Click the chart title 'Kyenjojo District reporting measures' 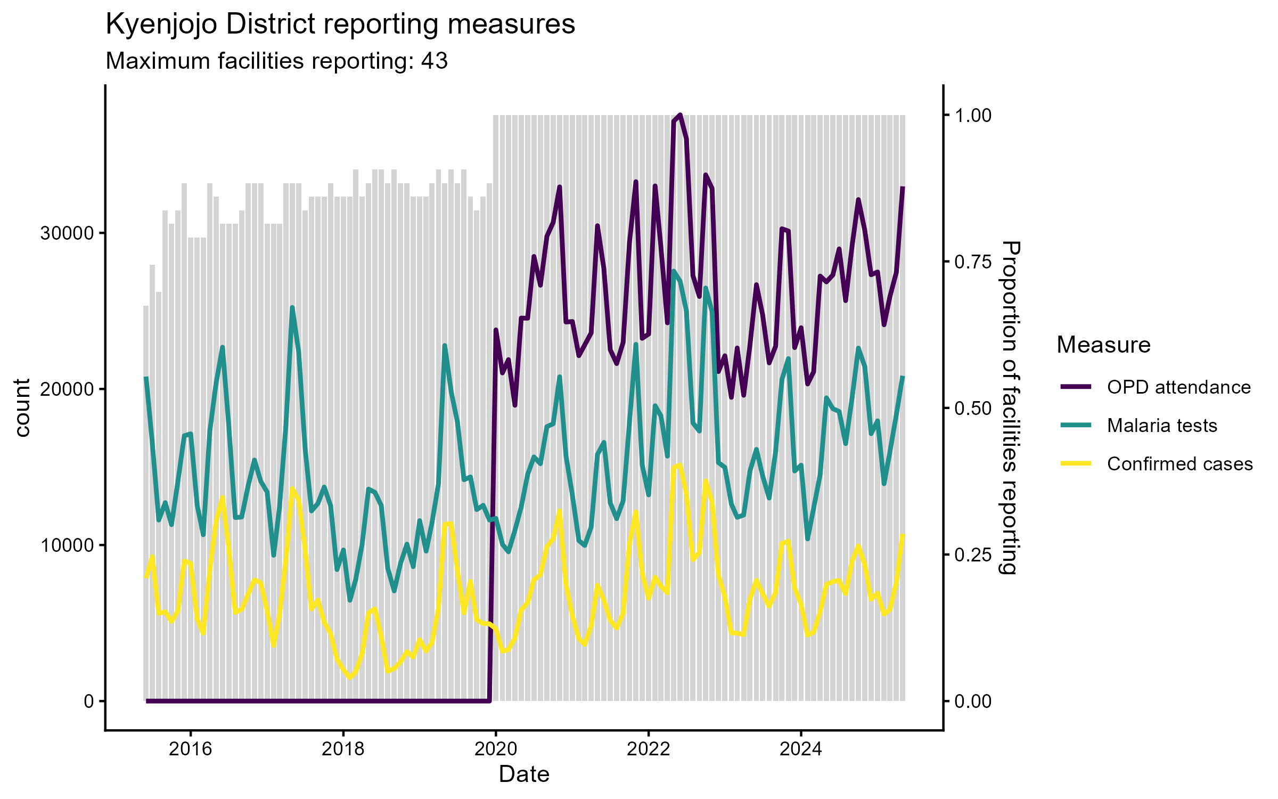point(340,25)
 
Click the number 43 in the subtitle point(434,61)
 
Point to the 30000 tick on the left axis point(67,233)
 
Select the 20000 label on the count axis point(67,389)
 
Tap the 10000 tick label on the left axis point(67,545)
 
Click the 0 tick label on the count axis point(88,702)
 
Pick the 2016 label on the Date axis point(190,749)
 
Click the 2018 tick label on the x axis point(343,749)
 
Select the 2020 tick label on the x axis point(496,749)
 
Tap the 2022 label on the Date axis point(648,749)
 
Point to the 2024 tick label point(801,749)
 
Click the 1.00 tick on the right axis point(973,116)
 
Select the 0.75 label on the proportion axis point(973,262)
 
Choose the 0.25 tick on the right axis point(973,555)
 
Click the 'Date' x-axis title point(524,774)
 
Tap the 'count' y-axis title point(22,408)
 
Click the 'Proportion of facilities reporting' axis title point(1010,408)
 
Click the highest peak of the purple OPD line point(680,115)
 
